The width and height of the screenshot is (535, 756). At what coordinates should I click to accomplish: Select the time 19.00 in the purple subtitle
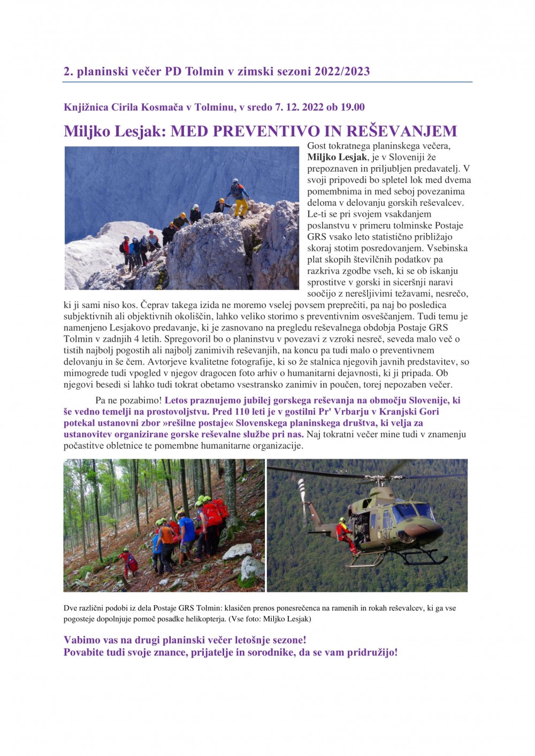point(353,107)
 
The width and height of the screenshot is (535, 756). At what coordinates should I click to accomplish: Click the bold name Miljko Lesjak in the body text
point(337,157)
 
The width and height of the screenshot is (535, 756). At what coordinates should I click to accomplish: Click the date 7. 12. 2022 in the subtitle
point(299,107)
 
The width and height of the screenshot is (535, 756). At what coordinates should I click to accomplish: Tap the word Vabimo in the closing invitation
point(82,640)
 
